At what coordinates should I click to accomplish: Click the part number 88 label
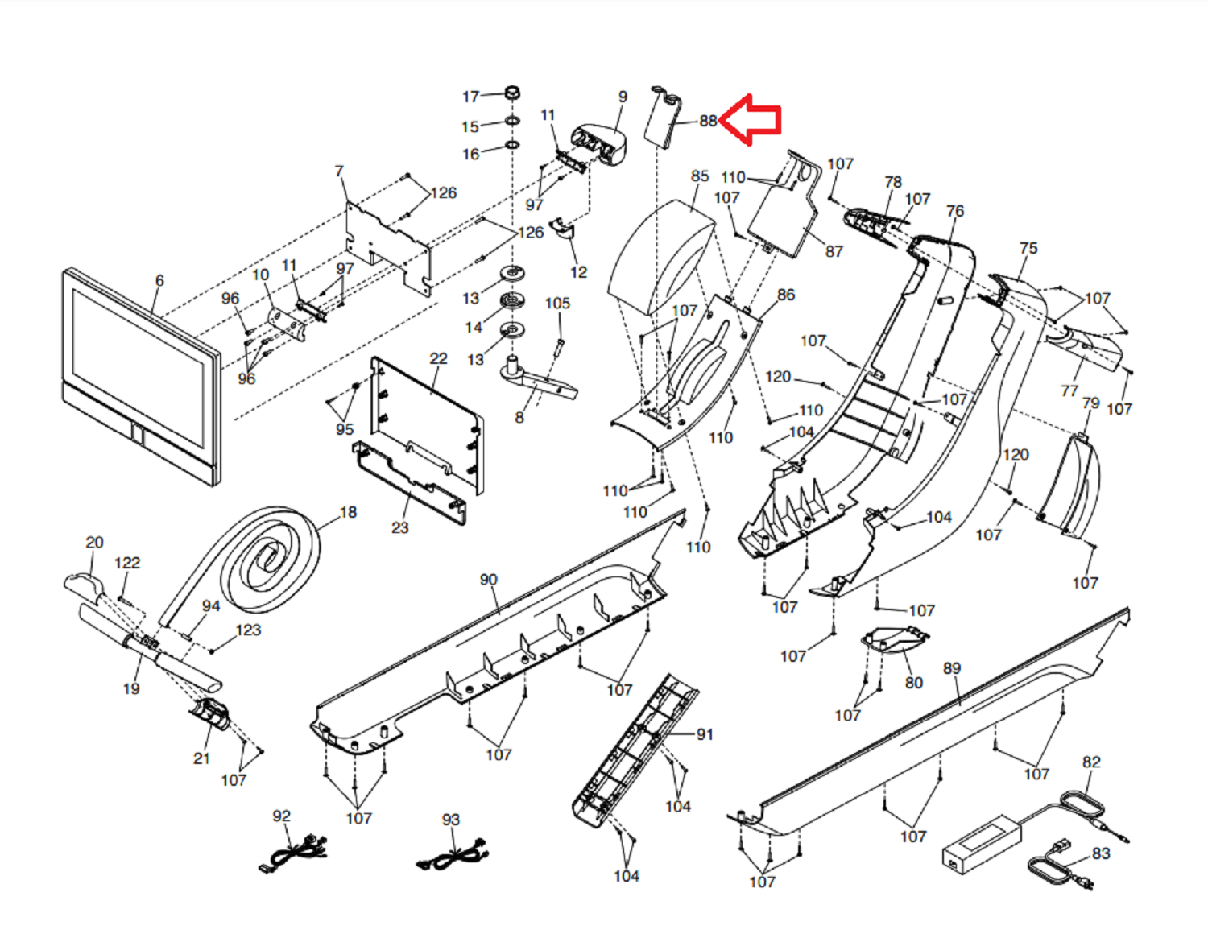pos(708,121)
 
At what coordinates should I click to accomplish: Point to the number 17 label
pos(470,97)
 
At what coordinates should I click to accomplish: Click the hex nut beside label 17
pos(511,92)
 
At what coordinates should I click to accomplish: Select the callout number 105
pos(557,303)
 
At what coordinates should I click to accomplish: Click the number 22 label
pos(438,358)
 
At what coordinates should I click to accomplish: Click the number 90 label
pos(488,580)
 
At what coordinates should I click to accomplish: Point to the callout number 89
pos(952,668)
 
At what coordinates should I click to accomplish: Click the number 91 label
pos(705,734)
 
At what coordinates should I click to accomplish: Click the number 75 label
pos(1028,248)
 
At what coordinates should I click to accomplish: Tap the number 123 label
pos(248,630)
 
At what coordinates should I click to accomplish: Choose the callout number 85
pos(700,176)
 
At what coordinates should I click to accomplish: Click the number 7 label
pos(339,171)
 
